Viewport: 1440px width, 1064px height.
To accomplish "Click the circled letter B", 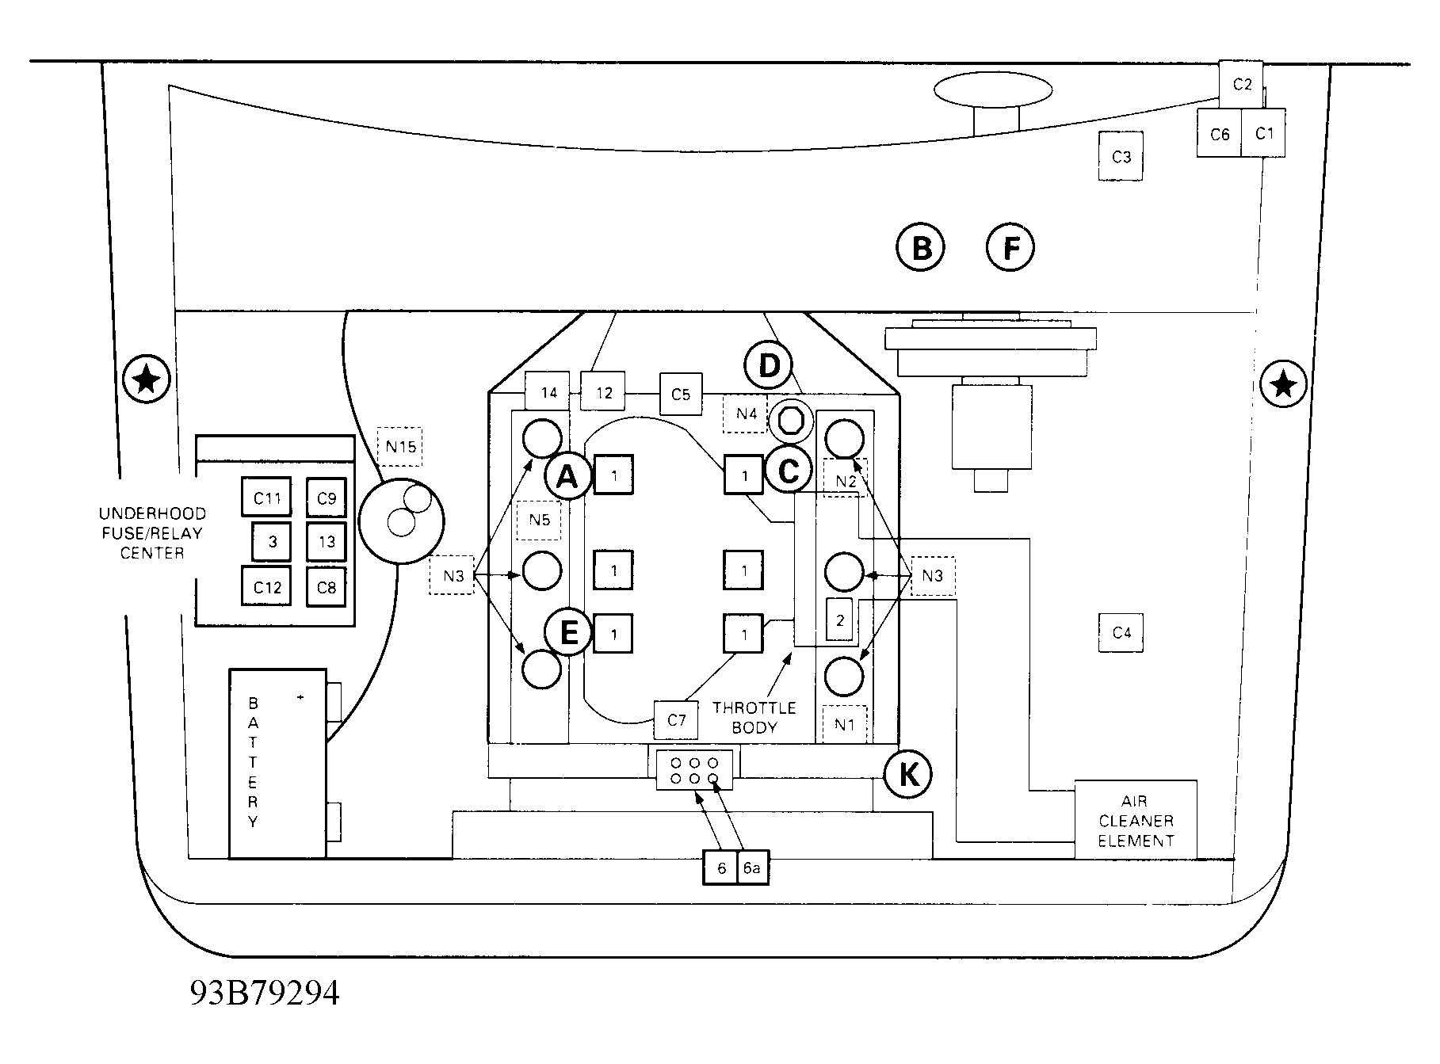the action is [x=920, y=248].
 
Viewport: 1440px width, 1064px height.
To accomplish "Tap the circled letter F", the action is [x=1010, y=248].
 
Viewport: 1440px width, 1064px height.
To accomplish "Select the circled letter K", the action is [x=908, y=774].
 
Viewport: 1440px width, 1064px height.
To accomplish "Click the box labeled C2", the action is [x=1241, y=84].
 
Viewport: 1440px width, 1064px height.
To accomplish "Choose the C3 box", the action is [x=1121, y=157].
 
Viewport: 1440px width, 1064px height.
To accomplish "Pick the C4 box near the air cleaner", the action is [x=1121, y=632].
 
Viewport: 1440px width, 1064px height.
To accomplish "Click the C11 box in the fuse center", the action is [x=267, y=498].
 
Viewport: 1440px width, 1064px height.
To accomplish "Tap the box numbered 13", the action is [x=327, y=542].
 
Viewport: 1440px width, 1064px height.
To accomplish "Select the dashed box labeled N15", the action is [x=400, y=447].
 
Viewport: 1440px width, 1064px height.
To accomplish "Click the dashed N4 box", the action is [x=746, y=414].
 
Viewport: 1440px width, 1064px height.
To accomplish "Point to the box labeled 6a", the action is [x=752, y=868].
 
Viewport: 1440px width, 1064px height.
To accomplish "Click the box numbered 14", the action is [x=548, y=391].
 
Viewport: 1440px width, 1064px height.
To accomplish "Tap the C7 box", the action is [x=676, y=720].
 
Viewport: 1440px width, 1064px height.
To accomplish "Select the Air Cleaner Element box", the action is [x=1136, y=820].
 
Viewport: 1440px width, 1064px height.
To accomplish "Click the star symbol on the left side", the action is [x=146, y=380].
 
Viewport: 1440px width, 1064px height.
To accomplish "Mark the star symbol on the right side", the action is [x=1283, y=384].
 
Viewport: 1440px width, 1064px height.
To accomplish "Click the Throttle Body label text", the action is [x=754, y=717].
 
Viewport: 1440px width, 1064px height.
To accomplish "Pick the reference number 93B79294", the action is [x=264, y=992].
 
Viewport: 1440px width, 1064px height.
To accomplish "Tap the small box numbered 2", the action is [x=840, y=620].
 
